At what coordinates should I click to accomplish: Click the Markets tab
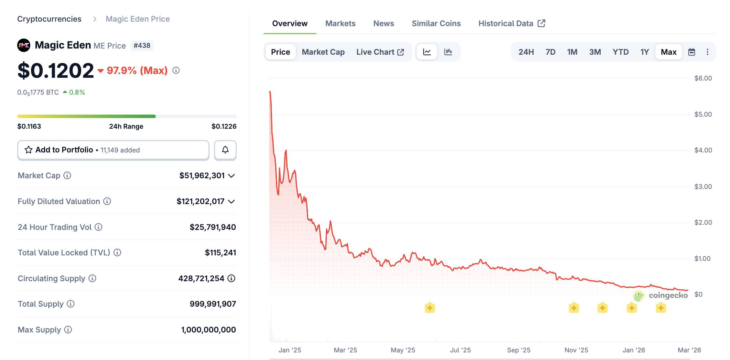coord(340,23)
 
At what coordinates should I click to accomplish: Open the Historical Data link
coord(511,23)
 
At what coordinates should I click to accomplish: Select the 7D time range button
coord(550,52)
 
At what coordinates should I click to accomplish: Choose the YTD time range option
coord(620,52)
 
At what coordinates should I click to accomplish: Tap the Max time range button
coord(668,52)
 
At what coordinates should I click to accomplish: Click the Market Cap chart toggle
coord(323,52)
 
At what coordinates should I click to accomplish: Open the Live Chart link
coord(380,52)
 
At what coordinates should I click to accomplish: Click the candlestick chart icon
coord(448,52)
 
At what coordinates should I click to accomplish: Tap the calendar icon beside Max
coord(691,52)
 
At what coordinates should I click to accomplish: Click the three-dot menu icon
coord(707,52)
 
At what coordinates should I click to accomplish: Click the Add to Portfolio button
coord(113,150)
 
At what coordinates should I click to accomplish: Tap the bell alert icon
coord(225,150)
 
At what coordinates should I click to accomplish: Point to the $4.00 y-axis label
coord(703,150)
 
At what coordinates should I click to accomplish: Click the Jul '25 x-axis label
coord(460,350)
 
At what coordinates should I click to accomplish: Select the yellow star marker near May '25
coord(430,308)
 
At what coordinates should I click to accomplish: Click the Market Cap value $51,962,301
coord(202,176)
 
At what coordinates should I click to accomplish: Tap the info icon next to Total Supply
coord(71,304)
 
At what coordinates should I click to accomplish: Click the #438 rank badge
coord(142,45)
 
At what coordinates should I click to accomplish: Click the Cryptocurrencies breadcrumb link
coord(49,19)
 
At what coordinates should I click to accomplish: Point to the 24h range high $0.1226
coord(224,126)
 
